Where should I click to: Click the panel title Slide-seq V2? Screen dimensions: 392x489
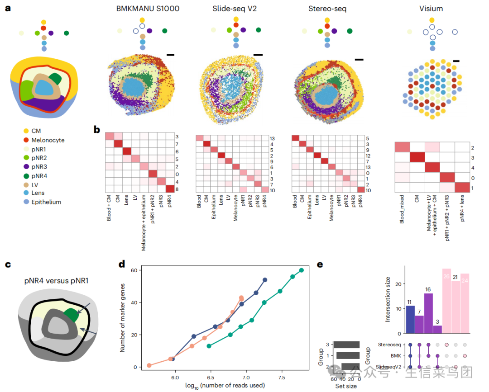click(234, 9)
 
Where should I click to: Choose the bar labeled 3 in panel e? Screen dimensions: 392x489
click(437, 329)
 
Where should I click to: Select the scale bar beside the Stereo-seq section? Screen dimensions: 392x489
click(359, 59)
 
